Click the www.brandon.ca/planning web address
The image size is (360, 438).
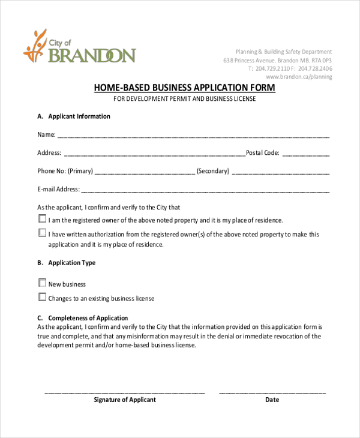[x=299, y=77]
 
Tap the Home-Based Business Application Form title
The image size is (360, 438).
[x=185, y=88]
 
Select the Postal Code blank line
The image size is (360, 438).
[x=305, y=155]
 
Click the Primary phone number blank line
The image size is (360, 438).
[x=145, y=173]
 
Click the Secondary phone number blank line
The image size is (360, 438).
[x=280, y=173]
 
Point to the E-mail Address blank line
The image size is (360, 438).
[x=205, y=192]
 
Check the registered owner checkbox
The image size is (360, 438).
[x=42, y=219]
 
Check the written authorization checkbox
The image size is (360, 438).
[x=42, y=233]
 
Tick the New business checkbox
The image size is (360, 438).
[x=42, y=283]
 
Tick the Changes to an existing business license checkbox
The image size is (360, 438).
[x=42, y=297]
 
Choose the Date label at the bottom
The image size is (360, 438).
[x=272, y=400]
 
